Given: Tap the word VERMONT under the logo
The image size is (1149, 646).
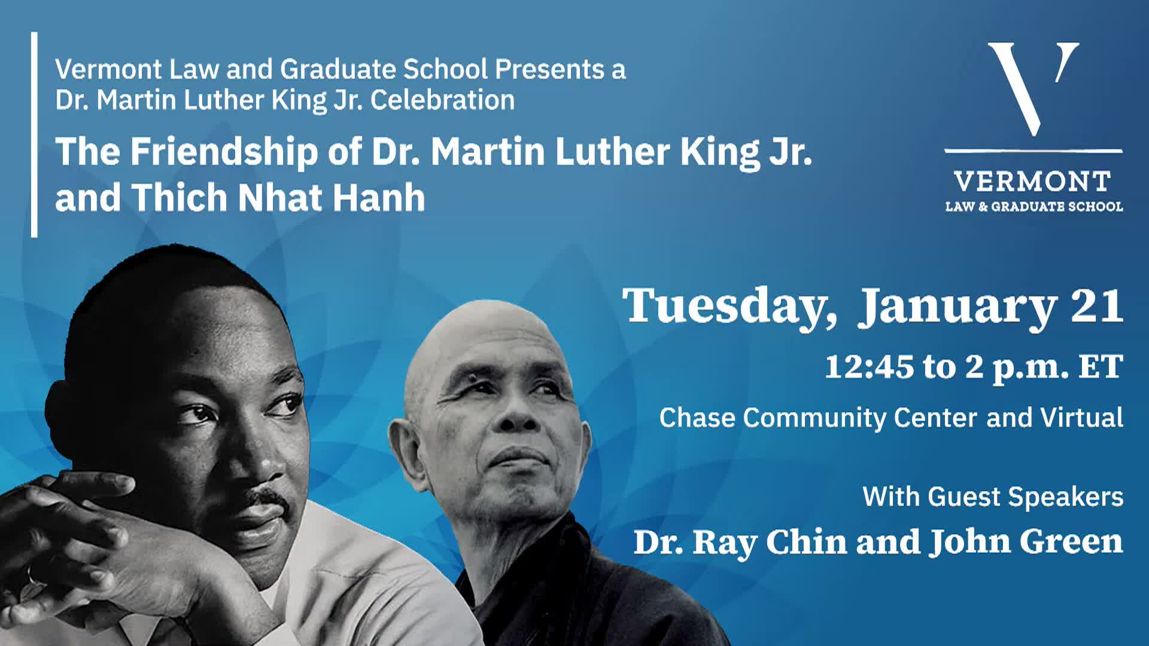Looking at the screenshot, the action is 1033,181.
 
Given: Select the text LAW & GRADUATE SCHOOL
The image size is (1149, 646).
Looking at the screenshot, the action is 1034,207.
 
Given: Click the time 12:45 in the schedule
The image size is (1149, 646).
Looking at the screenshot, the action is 869,366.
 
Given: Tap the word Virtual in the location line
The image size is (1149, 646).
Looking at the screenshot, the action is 1081,418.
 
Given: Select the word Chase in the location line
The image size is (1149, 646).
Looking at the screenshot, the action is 697,418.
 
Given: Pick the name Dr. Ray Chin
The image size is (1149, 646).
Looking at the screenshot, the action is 740,542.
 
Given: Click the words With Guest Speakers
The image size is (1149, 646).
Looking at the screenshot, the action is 993,496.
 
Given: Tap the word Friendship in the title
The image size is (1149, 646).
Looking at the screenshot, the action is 224,153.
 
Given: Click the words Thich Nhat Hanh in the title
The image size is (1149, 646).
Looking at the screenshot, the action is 278,197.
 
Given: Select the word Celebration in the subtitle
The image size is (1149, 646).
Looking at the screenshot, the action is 442,100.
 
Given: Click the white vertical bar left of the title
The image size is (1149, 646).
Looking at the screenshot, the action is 34,135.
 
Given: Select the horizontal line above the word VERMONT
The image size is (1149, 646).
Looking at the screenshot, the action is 1033,151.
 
